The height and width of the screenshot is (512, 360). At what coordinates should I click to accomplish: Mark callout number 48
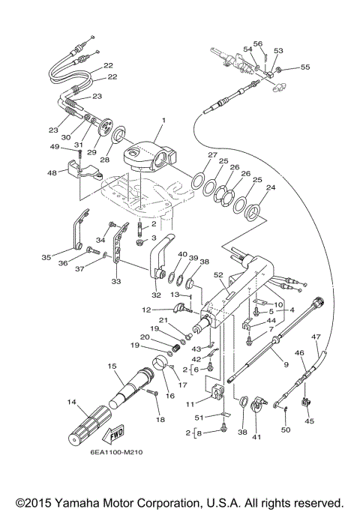(x=52, y=173)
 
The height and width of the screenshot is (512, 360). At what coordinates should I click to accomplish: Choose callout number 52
(x=219, y=274)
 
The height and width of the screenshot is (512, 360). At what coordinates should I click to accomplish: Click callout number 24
(x=271, y=188)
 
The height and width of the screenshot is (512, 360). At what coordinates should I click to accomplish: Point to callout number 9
(x=285, y=364)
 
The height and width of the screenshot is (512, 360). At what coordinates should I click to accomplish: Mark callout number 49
(x=54, y=147)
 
